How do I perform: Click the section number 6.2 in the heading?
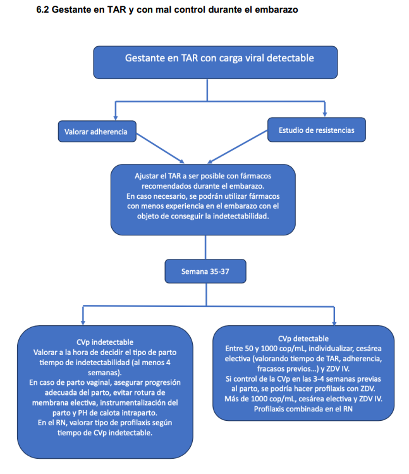coord(42,9)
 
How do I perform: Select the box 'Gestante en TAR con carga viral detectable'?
coord(216,62)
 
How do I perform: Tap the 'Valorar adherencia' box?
coord(97,132)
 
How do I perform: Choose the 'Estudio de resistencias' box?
coord(317,130)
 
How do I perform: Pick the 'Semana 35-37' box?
coord(205,271)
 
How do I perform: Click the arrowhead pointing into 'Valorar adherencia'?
coord(116,118)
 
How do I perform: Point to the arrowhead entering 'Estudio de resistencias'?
coord(325,115)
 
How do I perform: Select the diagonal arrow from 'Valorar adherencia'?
coord(160,148)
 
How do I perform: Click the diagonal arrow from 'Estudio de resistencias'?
coord(238,147)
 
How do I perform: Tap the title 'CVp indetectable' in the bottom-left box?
coord(105,342)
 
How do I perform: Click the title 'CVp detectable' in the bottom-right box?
coord(303,339)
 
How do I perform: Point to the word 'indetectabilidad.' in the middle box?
coord(241,216)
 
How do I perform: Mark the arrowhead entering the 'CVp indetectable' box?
coord(83,323)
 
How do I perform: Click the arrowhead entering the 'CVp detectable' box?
coord(334,323)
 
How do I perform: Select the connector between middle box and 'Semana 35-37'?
coord(205,247)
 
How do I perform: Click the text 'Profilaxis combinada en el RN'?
coord(303,409)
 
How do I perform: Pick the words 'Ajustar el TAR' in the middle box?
coord(154,176)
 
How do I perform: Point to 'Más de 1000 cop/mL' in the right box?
coord(260,399)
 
